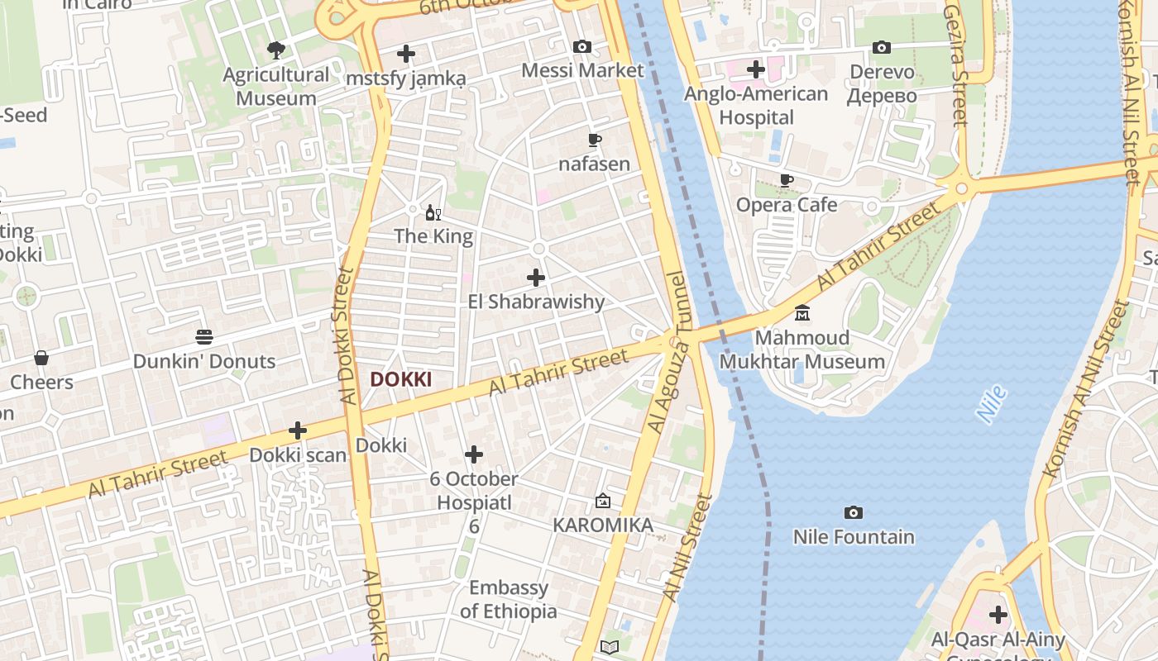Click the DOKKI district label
coord(400,379)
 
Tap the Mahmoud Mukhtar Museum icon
coord(802,314)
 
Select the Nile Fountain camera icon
coord(854,513)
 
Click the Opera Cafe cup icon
coord(787,181)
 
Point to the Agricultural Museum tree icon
coord(275,50)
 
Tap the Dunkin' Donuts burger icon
coord(204,337)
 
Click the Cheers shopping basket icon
coord(41,358)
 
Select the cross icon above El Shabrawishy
coord(536,278)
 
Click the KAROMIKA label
coord(602,525)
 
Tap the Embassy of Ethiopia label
coord(509,600)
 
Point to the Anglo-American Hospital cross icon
coord(755,69)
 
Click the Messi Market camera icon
coord(582,46)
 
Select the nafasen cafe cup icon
coord(594,140)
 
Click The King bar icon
coord(433,213)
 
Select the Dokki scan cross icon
coord(298,430)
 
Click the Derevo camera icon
coord(882,48)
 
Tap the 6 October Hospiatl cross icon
coord(474,454)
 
